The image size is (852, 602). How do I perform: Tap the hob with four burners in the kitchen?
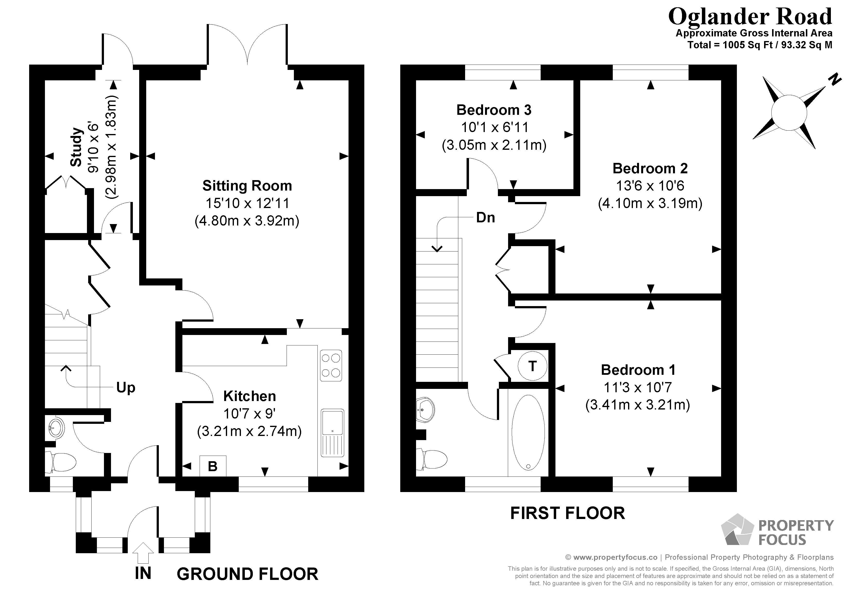[x=331, y=365]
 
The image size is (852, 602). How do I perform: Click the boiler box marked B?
[x=213, y=466]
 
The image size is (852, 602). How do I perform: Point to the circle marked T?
[x=532, y=366]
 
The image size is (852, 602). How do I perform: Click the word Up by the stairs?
[x=125, y=388]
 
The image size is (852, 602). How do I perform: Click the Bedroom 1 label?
[x=638, y=370]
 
